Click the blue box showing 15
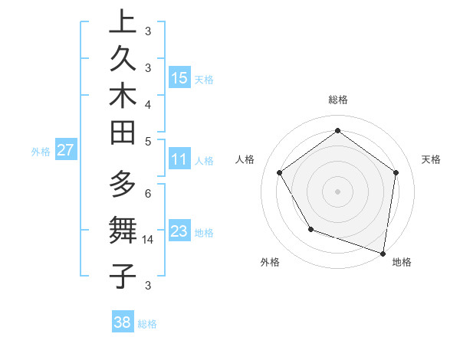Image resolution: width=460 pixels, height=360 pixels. (x=179, y=77)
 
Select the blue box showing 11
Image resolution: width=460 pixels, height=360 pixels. (x=179, y=160)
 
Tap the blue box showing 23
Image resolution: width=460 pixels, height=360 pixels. (x=179, y=231)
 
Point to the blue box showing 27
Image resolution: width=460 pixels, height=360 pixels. (x=65, y=150)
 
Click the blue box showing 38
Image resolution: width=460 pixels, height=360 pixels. (x=122, y=322)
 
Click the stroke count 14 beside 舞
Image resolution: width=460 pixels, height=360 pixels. (x=149, y=240)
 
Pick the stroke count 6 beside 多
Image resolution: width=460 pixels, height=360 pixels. (x=148, y=193)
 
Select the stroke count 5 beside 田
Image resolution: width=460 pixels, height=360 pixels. (x=148, y=141)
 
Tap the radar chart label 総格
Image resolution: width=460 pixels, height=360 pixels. (x=338, y=100)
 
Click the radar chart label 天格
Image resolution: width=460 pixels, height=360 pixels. (x=431, y=159)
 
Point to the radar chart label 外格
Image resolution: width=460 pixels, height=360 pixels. (x=270, y=262)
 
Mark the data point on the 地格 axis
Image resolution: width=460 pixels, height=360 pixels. (x=383, y=252)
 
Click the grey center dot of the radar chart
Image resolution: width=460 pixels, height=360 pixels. (x=337, y=191)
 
